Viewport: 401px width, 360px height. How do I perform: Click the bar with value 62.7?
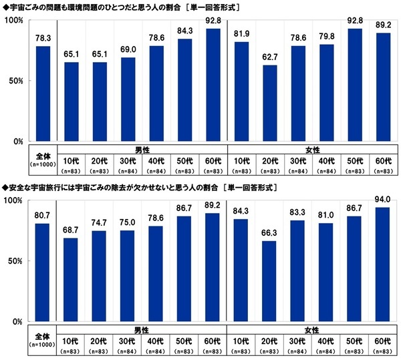(271, 103)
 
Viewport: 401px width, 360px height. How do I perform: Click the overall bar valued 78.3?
(42, 94)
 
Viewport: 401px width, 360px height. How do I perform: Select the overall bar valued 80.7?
(42, 273)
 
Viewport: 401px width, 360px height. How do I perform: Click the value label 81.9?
(242, 35)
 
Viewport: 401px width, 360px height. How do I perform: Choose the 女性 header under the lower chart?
(313, 329)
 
